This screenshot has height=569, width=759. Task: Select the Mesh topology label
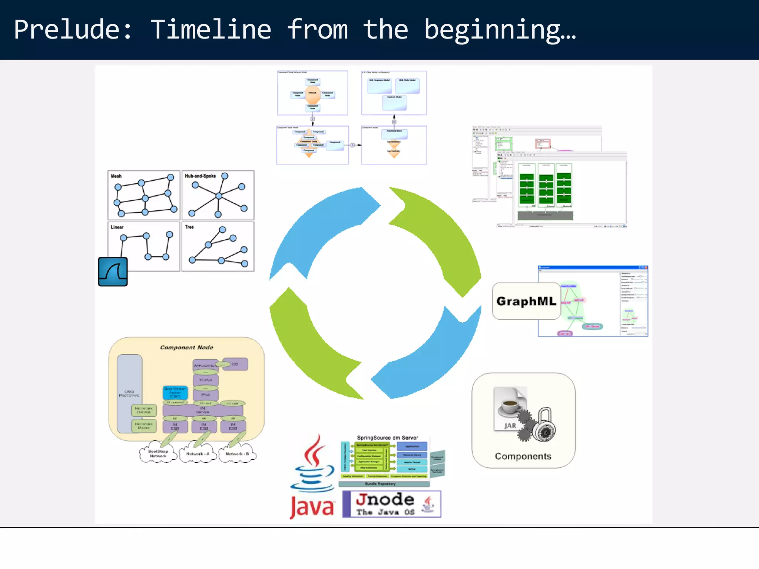pos(116,176)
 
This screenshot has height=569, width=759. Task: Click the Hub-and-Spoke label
pos(200,176)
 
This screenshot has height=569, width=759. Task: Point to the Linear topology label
pos(117,227)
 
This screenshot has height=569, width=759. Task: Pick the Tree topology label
pos(189,227)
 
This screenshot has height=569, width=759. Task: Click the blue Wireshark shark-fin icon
pos(113,272)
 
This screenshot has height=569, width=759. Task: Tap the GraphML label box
pos(526,301)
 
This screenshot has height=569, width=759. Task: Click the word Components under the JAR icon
pos(523,456)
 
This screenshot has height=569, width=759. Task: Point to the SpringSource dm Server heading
pos(387,438)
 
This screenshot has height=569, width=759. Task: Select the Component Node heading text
pos(186,347)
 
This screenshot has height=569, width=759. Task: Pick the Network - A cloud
pos(198,454)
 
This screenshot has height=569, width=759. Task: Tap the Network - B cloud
pos(237,454)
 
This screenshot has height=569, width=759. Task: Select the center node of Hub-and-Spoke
pos(219,196)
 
